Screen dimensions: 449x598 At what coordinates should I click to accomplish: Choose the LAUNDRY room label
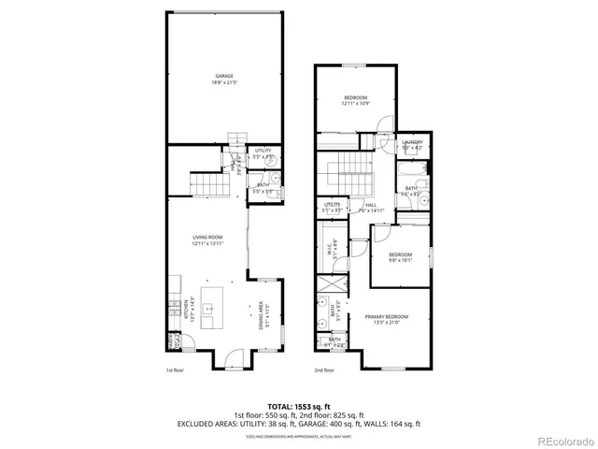[x=412, y=145]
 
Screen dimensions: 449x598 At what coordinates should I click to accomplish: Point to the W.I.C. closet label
[x=331, y=250]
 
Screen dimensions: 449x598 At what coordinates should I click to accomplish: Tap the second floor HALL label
[x=371, y=208]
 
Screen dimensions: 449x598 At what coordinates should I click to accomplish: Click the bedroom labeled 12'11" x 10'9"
[x=356, y=101]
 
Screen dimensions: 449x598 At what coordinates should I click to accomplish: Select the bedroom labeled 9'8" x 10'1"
[x=400, y=257]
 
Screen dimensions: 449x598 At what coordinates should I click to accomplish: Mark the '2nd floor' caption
[x=324, y=370]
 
